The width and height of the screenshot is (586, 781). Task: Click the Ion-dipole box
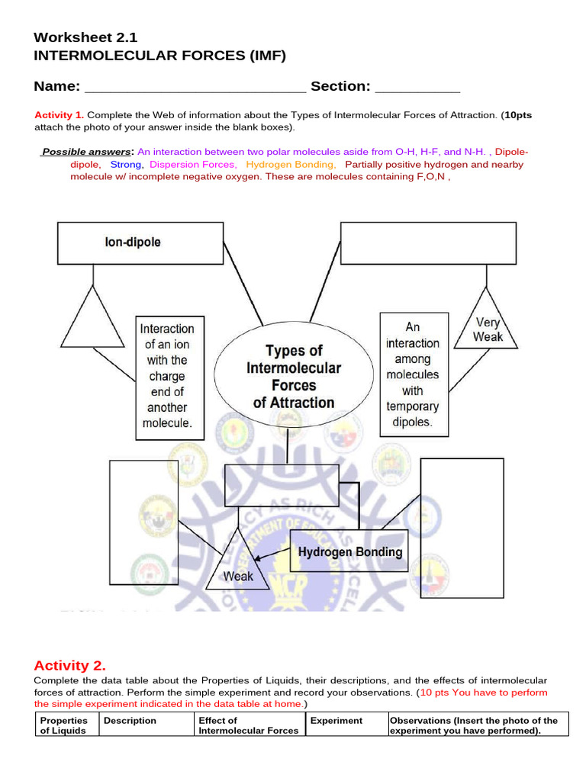[140, 243]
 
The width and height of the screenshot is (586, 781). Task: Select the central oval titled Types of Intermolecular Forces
[294, 377]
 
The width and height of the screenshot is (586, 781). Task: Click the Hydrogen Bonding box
[349, 552]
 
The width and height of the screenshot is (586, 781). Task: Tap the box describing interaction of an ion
[169, 378]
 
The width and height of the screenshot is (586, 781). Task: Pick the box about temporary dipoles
[412, 374]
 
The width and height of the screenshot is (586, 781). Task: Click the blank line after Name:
[195, 87]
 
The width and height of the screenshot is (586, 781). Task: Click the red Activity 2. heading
[70, 665]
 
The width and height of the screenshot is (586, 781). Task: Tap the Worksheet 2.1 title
[86, 37]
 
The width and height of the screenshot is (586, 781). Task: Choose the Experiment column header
[336, 720]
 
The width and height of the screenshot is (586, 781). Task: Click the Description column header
[130, 720]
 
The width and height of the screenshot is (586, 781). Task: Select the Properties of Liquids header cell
[64, 725]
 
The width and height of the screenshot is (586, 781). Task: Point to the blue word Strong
[126, 164]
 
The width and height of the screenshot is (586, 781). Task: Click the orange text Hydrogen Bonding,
[291, 164]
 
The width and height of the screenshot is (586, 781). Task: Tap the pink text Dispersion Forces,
[193, 164]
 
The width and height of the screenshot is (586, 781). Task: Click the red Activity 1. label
[60, 115]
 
